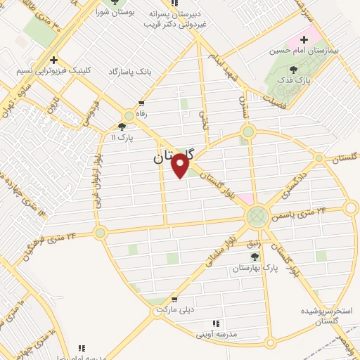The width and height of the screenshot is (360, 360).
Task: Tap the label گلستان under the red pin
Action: pos(171,159)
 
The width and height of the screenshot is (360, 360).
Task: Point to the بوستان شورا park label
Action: pos(116,13)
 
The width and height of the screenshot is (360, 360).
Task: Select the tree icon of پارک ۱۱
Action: pos(123,126)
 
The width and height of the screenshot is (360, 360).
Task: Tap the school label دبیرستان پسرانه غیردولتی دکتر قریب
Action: pos(178,18)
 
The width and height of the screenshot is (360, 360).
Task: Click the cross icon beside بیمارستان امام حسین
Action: pos(304,39)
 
